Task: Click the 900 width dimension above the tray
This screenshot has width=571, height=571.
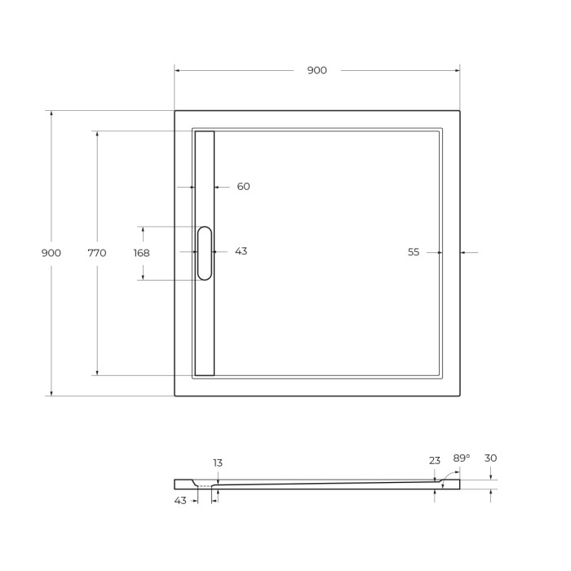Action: [x=316, y=70]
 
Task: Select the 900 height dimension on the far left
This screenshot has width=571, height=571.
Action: [x=51, y=253]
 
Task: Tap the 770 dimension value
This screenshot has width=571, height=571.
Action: [x=96, y=253]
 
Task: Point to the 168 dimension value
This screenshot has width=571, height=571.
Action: [x=141, y=253]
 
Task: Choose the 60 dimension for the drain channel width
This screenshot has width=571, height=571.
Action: [x=243, y=187]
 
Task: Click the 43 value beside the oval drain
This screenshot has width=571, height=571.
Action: [x=241, y=251]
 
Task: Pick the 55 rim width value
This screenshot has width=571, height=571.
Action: [x=414, y=253]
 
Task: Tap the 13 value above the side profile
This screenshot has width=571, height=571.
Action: [x=218, y=463]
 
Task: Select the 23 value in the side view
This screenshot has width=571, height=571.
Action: [x=434, y=461]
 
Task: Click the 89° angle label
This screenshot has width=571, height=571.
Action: [x=462, y=458]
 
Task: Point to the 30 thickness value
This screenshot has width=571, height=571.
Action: [x=490, y=458]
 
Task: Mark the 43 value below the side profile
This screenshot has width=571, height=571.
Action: [x=180, y=500]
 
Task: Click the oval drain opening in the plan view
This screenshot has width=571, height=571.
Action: [x=204, y=253]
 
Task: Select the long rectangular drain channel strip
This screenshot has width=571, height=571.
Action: [x=204, y=326]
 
